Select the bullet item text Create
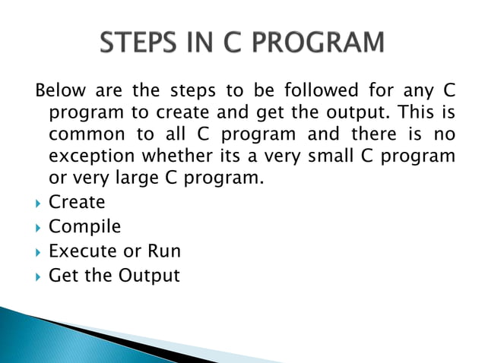click(76, 203)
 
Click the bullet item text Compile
click(84, 226)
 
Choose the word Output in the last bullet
click(148, 275)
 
